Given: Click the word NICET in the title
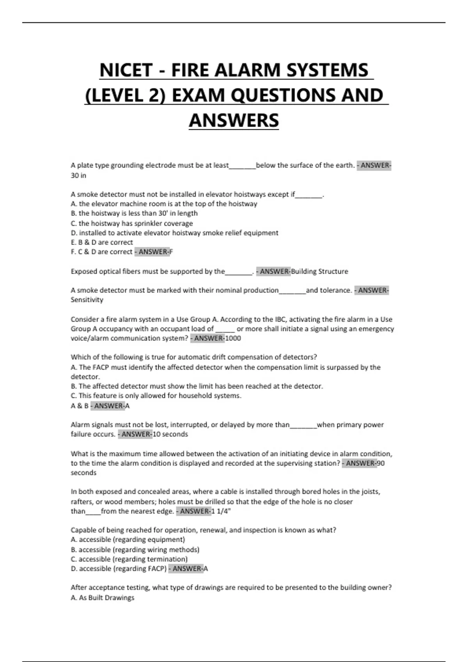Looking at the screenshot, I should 126,70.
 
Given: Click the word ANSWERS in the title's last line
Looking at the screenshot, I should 234,120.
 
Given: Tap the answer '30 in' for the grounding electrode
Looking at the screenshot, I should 78,176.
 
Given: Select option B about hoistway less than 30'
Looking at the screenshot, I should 134,213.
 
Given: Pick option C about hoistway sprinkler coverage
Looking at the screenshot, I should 132,224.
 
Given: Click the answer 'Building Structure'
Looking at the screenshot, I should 319,271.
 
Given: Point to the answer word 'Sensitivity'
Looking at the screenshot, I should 87,300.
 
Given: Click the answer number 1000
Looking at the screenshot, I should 233,338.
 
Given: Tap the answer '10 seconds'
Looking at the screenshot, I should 170,434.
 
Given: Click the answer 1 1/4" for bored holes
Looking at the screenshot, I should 221,511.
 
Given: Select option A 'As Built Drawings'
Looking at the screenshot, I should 103,598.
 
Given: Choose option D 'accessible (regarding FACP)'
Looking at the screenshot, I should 119,569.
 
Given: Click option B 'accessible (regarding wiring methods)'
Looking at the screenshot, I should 135,550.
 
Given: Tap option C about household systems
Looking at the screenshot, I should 156,396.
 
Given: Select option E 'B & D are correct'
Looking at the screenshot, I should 102,242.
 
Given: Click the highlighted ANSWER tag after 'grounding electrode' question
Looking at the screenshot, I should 374,165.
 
